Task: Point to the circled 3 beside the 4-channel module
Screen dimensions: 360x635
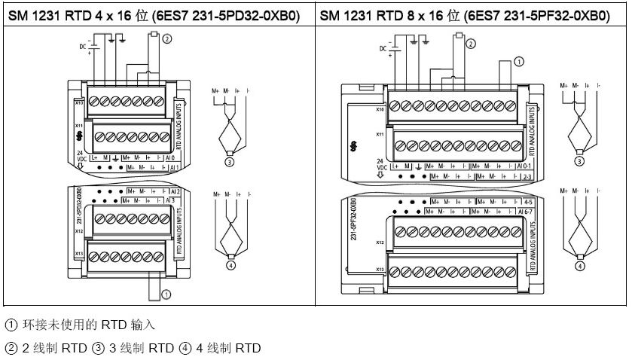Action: click(x=229, y=159)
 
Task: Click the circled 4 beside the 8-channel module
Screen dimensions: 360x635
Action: click(x=580, y=265)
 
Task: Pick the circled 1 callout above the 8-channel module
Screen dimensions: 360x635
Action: click(x=518, y=62)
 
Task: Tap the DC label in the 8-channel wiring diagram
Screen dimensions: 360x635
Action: click(x=383, y=48)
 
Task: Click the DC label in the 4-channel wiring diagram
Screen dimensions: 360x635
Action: click(x=81, y=47)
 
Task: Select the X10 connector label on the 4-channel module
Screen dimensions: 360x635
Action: click(x=78, y=102)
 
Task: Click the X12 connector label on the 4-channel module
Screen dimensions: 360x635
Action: click(x=78, y=231)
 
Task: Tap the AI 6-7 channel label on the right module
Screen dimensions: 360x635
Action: click(x=526, y=211)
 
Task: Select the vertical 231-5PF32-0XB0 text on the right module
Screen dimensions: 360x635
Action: click(x=353, y=221)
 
